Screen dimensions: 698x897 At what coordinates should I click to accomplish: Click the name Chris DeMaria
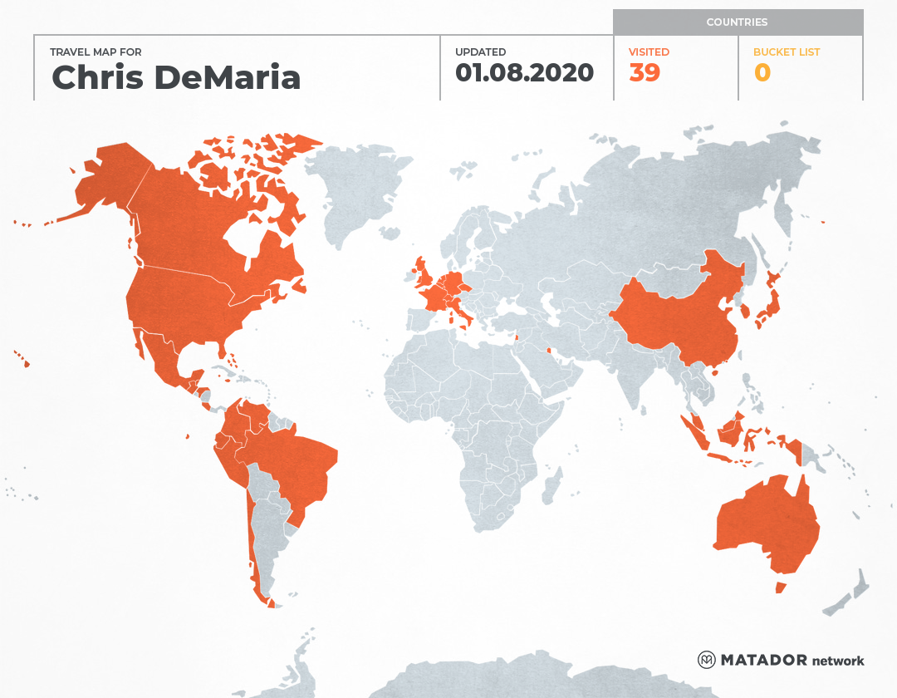[176, 77]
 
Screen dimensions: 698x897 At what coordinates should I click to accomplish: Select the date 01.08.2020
[524, 72]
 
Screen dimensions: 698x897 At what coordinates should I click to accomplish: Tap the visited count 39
[645, 72]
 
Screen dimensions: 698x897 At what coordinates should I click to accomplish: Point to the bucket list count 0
[762, 72]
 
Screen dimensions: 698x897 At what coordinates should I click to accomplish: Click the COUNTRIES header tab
[737, 22]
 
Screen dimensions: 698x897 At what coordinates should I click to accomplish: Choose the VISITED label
[649, 52]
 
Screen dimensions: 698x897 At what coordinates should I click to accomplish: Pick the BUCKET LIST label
[786, 52]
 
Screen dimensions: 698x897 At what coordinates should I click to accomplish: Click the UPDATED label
[480, 52]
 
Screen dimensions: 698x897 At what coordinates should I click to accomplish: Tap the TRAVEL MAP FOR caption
[96, 52]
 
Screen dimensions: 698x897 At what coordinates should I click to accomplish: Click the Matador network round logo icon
[707, 660]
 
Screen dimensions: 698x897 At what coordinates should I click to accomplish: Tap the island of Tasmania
[781, 587]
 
